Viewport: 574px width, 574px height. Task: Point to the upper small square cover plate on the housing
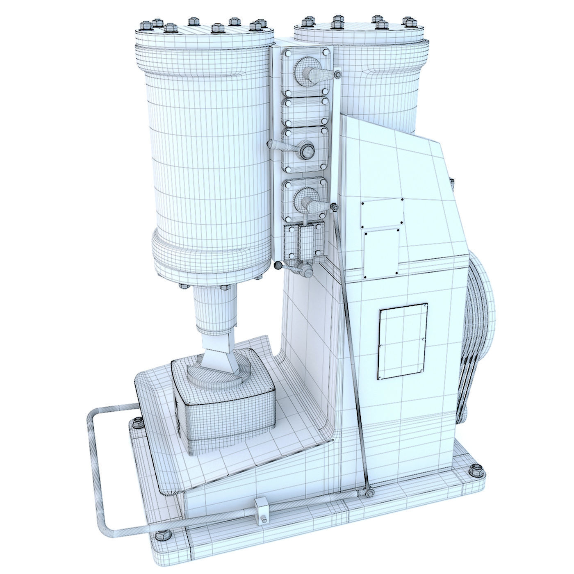click(x=381, y=214)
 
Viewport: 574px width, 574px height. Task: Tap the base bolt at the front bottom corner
click(x=161, y=537)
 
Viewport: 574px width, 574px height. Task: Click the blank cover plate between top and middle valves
click(x=305, y=111)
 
